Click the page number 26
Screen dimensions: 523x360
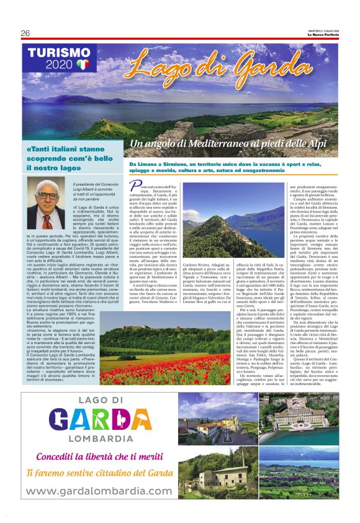[x=25, y=33]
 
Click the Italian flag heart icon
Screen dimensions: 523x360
[x=84, y=64]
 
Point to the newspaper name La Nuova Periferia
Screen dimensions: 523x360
[x=326, y=33]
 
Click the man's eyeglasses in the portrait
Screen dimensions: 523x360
[x=47, y=195]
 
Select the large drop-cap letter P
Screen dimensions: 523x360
[x=135, y=186]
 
